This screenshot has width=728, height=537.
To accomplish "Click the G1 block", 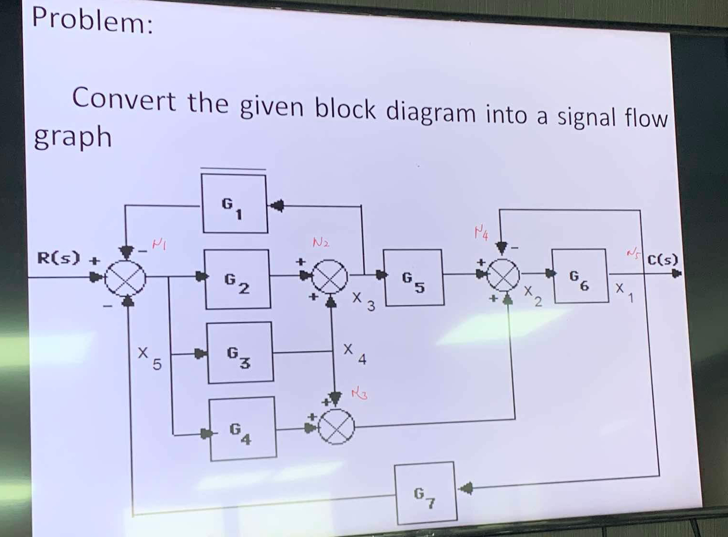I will [x=234, y=203].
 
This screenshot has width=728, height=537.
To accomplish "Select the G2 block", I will [x=238, y=279].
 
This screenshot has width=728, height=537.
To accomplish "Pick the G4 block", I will [x=243, y=429].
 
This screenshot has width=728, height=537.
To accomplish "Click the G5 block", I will [x=413, y=277].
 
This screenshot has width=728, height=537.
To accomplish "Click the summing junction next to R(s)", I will [x=125, y=278].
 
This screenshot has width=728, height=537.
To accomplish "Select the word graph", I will [x=72, y=137].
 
